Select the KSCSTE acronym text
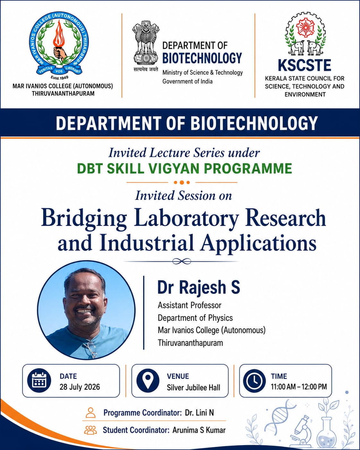click(x=304, y=65)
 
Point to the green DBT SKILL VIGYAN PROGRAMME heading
click(x=184, y=168)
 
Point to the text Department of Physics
click(x=195, y=318)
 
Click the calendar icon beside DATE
click(x=39, y=380)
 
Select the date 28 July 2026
click(x=80, y=387)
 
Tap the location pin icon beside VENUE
click(x=148, y=380)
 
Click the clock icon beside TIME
click(x=255, y=380)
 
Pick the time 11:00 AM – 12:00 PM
click(x=299, y=387)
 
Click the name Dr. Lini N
click(x=200, y=412)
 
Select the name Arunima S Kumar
click(x=199, y=430)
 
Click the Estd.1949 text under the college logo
click(x=60, y=78)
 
